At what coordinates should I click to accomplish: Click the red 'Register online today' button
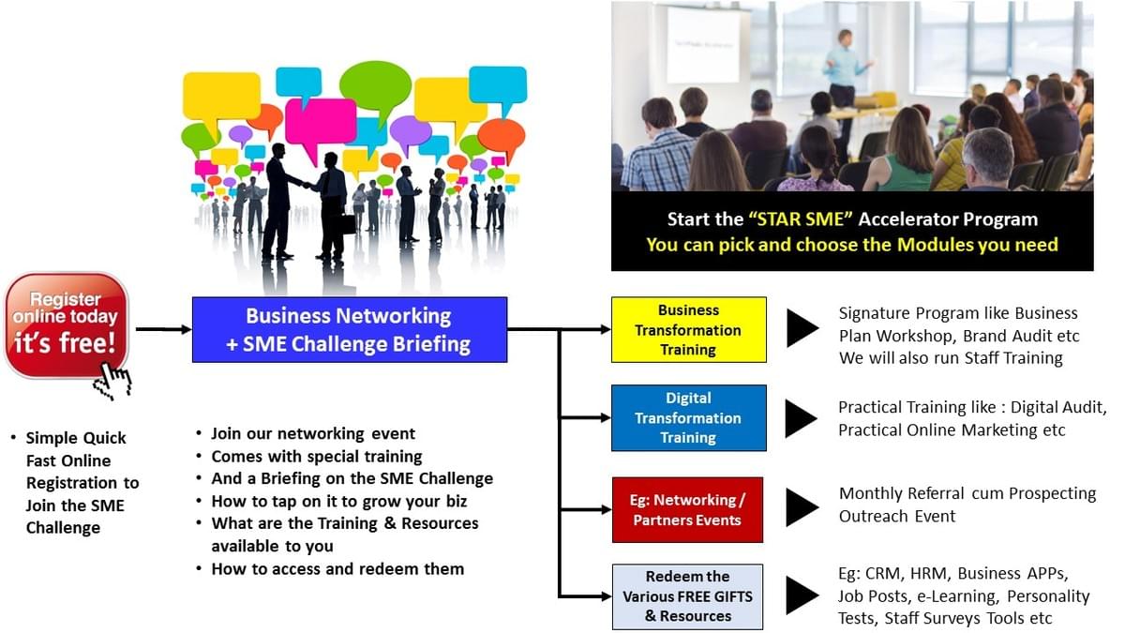[66, 324]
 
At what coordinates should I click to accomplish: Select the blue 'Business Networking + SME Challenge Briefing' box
[349, 329]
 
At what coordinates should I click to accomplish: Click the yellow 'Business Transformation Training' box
[688, 329]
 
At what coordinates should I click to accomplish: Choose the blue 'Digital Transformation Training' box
[688, 417]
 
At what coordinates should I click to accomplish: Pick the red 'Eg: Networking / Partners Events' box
[687, 509]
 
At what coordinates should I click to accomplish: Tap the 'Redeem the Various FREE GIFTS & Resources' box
[687, 596]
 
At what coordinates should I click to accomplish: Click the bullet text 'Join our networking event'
[312, 433]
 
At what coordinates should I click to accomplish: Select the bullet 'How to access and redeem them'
[337, 568]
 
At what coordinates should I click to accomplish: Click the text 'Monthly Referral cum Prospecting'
[967, 493]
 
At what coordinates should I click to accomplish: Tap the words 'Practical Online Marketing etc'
[952, 430]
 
